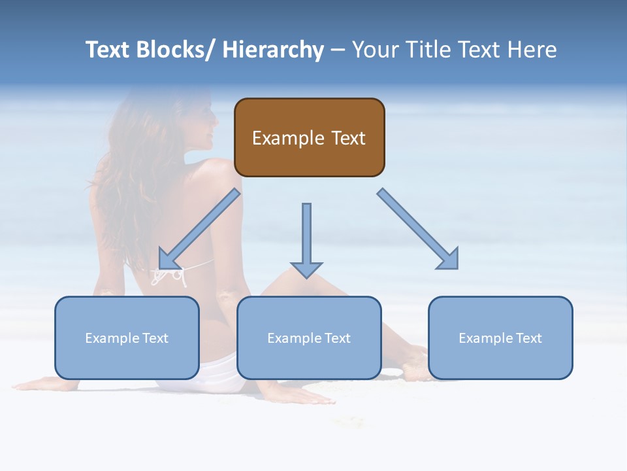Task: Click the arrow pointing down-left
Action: [199, 230]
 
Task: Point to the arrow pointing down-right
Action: [418, 228]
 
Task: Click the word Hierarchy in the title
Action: [273, 50]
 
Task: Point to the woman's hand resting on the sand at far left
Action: [36, 384]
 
